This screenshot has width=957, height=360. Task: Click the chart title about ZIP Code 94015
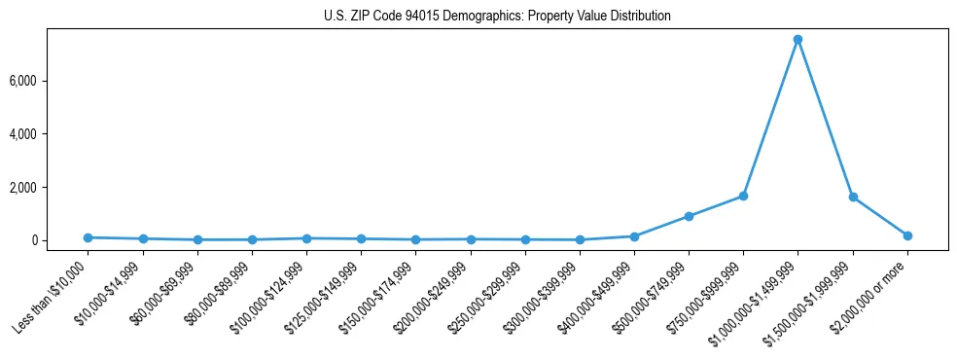point(497,17)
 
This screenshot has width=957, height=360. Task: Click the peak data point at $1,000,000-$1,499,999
point(797,40)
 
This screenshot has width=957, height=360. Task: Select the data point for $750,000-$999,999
point(743,196)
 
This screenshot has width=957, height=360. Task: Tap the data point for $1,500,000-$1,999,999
point(853,197)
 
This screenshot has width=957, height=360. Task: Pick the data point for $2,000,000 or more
point(907,235)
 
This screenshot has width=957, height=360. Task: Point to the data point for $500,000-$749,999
point(689,216)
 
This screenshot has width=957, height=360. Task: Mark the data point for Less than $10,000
point(88,237)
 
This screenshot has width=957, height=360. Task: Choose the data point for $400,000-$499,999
point(634,236)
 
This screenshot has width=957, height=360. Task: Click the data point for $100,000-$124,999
point(306,238)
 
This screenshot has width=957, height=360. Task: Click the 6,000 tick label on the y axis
point(48,81)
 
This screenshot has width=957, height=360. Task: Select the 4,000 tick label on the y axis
point(48,134)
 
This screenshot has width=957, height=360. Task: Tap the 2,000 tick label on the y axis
point(48,187)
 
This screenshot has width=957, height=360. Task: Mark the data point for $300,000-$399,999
point(580,239)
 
